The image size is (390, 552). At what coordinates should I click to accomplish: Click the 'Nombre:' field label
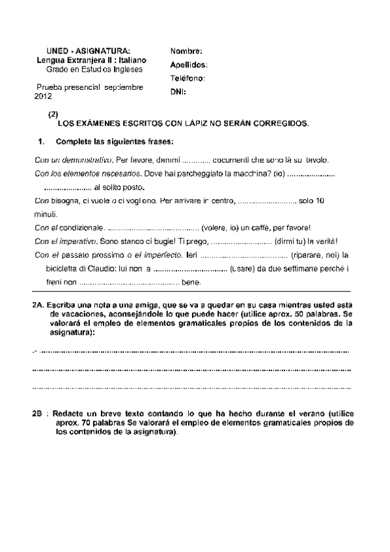pos(186,51)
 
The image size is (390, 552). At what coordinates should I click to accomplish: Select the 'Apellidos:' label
pos(189,64)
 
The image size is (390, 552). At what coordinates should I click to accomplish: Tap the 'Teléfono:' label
pos(188,78)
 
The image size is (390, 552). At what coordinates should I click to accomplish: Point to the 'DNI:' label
pos(178,92)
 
